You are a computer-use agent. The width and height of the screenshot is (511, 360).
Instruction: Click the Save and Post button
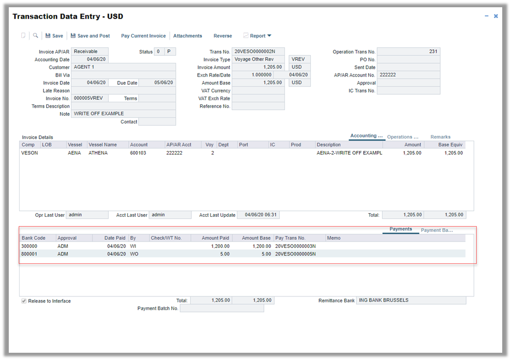(90, 36)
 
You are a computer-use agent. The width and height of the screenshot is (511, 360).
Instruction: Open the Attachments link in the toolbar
(187, 36)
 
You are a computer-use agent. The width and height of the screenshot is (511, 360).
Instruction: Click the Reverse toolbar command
(222, 36)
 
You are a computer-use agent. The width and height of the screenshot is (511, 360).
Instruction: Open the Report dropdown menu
(258, 36)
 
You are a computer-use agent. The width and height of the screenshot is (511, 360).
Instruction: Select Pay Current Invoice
(143, 36)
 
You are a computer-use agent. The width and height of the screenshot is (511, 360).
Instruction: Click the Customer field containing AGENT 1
(123, 67)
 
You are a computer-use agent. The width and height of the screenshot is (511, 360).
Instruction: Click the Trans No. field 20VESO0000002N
(258, 52)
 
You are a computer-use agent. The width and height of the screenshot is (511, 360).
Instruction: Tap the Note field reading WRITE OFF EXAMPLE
(123, 114)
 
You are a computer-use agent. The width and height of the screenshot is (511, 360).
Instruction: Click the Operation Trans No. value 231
(408, 52)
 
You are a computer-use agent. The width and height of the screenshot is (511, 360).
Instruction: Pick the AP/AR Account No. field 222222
(408, 75)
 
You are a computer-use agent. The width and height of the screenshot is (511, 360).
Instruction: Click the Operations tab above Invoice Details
(402, 137)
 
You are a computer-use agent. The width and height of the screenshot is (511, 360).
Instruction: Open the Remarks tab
(440, 137)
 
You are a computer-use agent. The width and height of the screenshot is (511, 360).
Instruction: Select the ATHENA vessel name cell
(98, 153)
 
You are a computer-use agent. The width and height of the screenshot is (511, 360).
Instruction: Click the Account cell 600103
(138, 153)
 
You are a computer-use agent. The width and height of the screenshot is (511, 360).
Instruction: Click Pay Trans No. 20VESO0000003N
(295, 246)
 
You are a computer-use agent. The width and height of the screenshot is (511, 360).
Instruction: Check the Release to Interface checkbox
(24, 301)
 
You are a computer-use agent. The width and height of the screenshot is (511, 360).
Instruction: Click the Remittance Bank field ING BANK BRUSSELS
(411, 301)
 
